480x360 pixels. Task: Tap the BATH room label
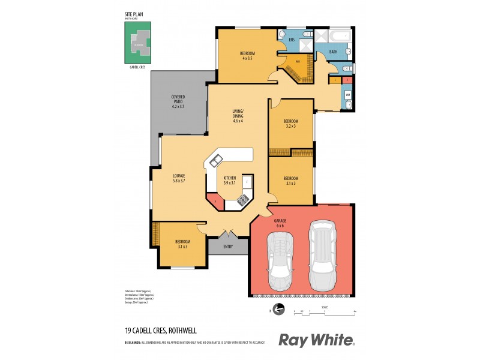pos(333,52)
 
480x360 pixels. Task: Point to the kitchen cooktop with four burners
pos(244,200)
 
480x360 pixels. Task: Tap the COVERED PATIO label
pos(178,101)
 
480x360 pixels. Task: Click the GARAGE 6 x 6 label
pos(280,223)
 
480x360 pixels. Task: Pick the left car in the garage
pos(280,259)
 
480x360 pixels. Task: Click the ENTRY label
pos(229,247)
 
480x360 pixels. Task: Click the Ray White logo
pos(316,340)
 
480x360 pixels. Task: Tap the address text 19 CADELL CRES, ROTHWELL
pos(161,330)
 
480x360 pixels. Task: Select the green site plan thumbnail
pos(139,43)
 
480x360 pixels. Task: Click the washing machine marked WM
pos(347,95)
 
